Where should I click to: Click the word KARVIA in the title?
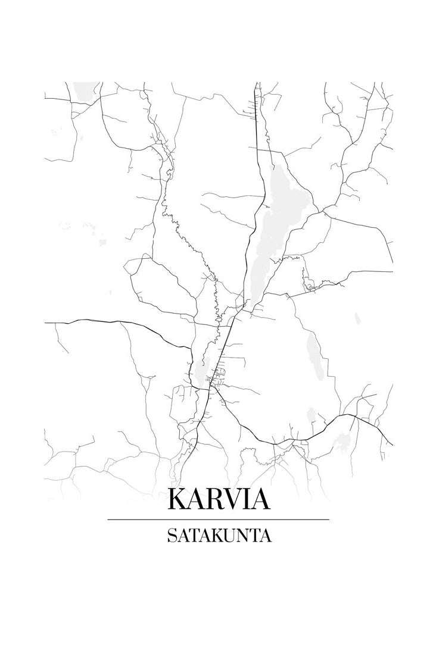tap(218, 499)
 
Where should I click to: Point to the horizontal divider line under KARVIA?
tap(218, 519)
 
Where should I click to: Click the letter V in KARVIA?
tap(232, 499)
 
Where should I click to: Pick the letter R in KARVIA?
tap(214, 499)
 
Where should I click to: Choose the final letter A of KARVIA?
tap(260, 499)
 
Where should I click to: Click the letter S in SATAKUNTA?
tap(172, 536)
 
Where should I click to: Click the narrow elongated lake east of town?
tap(313, 354)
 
